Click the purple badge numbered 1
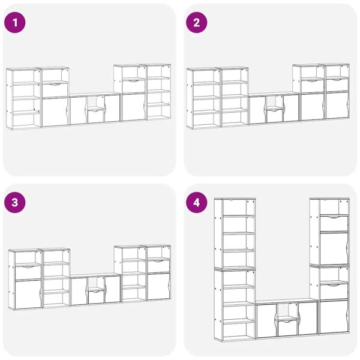coord(15,23)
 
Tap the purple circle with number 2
coord(197,23)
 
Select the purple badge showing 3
coord(15,203)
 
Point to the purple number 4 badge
coord(197,203)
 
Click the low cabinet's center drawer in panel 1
coord(96,116)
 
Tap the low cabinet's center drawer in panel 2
coord(275,116)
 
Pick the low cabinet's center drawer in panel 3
coord(96,297)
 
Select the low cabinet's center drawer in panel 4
coord(287,328)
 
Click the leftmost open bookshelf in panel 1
coord(23,98)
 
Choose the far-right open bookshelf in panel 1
coord(158,92)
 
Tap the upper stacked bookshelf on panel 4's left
coord(235,233)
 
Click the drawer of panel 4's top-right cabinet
coord(334,224)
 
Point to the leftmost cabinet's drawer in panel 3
coord(28,273)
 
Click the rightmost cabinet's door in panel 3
coord(158,287)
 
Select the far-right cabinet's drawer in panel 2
coord(337,85)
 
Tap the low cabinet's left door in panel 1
coord(78,110)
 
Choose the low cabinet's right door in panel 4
coord(308,318)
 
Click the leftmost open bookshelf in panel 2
coord(204,98)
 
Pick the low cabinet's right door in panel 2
coord(292,109)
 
